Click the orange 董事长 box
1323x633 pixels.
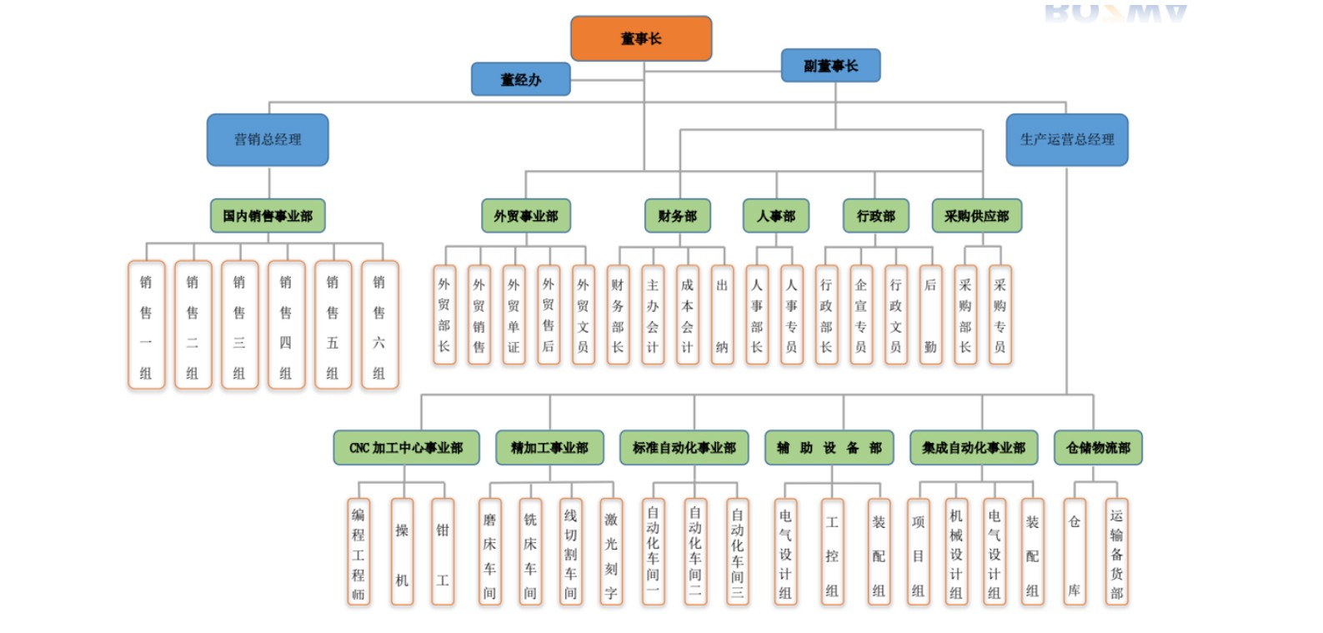coord(640,38)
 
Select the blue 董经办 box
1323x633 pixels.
coord(520,79)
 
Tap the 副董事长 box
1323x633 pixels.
coord(830,65)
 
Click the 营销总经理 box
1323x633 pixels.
coord(268,139)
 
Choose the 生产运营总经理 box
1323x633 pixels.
coord(1067,139)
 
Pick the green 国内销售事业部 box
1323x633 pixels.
coord(268,215)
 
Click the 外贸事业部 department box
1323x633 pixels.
coord(525,215)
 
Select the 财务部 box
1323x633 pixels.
coord(677,215)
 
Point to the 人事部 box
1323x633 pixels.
coord(776,215)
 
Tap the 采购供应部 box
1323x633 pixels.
coord(976,215)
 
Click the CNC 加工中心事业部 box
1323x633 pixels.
coord(406,447)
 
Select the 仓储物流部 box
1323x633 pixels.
coord(1098,447)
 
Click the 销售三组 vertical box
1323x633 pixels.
coord(239,325)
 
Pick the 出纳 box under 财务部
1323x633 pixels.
coord(722,315)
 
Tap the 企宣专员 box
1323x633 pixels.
coord(860,315)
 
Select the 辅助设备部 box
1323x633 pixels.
coord(829,447)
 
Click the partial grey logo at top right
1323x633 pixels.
coord(1115,13)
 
